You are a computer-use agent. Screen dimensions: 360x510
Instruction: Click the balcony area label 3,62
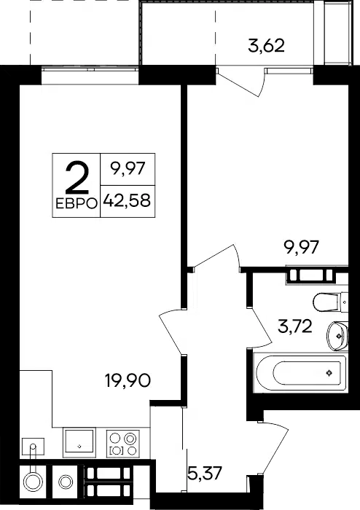pyautogui.click(x=266, y=46)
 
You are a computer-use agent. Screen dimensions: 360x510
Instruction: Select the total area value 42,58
pyautogui.click(x=127, y=201)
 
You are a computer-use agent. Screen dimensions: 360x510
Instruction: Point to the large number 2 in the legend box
pyautogui.click(x=77, y=178)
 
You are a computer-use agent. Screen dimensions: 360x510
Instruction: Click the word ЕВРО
pyautogui.click(x=77, y=204)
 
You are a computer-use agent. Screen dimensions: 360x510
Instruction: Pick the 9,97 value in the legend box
pyautogui.click(x=128, y=169)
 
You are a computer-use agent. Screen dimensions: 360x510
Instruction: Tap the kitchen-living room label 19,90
pyautogui.click(x=128, y=380)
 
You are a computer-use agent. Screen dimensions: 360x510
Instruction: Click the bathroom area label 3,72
pyautogui.click(x=295, y=326)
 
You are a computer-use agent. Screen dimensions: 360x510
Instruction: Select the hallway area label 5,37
pyautogui.click(x=206, y=473)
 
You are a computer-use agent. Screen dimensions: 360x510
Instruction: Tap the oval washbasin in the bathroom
pyautogui.click(x=337, y=336)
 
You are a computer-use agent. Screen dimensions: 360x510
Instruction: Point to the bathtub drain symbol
pyautogui.click(x=329, y=373)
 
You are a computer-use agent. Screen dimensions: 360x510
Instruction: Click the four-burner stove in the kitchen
pyautogui.click(x=123, y=444)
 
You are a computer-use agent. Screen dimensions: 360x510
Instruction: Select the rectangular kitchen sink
pyautogui.click(x=79, y=442)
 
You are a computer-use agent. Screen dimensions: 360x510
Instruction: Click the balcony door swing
pyautogui.click(x=241, y=82)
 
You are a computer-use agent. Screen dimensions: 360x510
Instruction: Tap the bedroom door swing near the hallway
pyautogui.click(x=217, y=256)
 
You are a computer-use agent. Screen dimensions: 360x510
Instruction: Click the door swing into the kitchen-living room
pyautogui.click(x=171, y=331)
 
